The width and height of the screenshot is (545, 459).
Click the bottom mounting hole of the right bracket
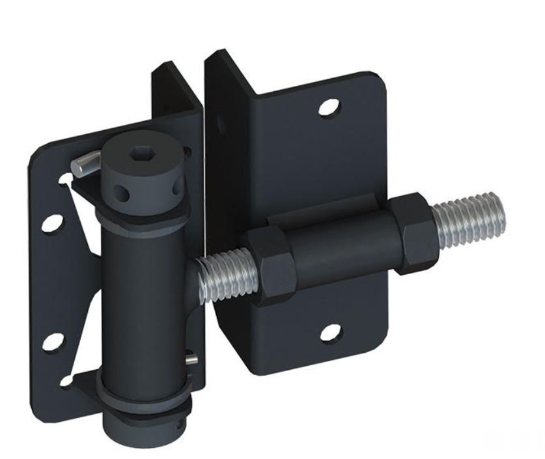coord(331,332)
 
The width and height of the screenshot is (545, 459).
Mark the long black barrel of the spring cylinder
coord(147,299)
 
